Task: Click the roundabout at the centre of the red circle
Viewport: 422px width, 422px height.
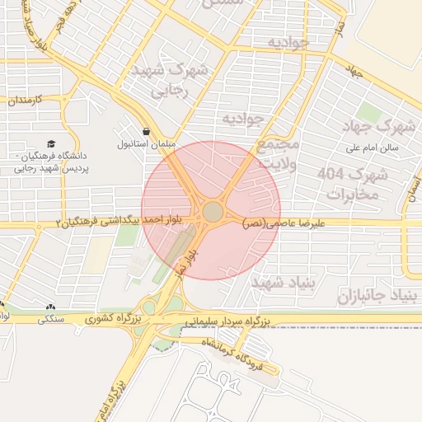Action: coord(213,212)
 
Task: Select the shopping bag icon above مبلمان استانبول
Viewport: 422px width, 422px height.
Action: coord(146,131)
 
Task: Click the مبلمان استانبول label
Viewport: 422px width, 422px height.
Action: coord(146,143)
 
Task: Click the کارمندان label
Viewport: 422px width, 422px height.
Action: coord(24,99)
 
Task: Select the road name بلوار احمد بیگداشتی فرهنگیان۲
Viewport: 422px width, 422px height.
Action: coord(123,222)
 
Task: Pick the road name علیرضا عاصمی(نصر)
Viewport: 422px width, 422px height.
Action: coord(284,223)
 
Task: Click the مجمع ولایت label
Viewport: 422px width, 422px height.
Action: coord(276,153)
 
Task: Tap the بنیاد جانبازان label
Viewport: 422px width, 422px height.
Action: coord(379,294)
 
